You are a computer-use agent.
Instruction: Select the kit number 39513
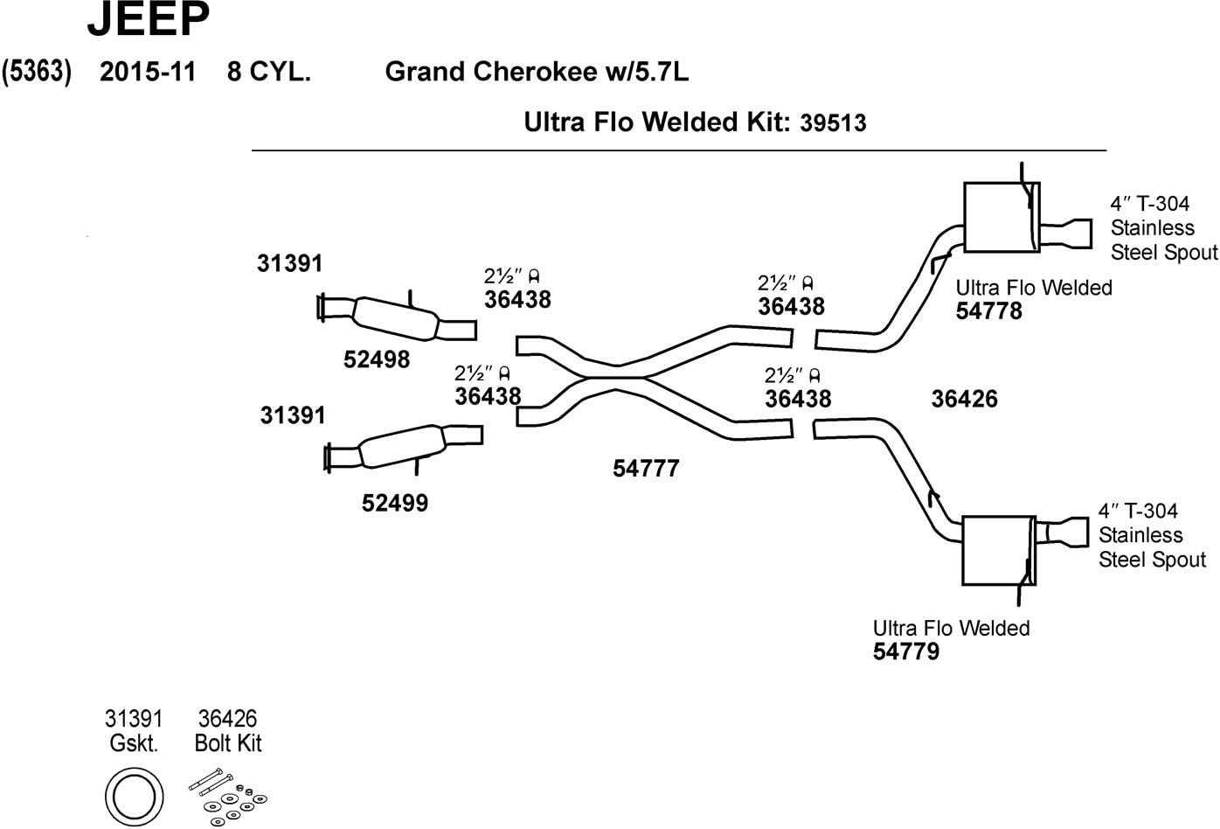pyautogui.click(x=833, y=123)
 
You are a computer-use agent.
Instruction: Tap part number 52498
pyautogui.click(x=376, y=359)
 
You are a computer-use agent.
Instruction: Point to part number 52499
pyautogui.click(x=395, y=504)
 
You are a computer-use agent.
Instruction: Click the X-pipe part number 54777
pyautogui.click(x=646, y=469)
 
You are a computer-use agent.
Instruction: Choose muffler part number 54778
pyautogui.click(x=988, y=311)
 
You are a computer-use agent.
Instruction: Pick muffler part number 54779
pyautogui.click(x=906, y=651)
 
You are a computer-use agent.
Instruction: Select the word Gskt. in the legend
pyautogui.click(x=134, y=744)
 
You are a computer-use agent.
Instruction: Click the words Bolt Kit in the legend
pyautogui.click(x=228, y=744)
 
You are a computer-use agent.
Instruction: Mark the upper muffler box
pyautogui.click(x=1001, y=218)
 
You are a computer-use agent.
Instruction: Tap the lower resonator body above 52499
pyautogui.click(x=400, y=445)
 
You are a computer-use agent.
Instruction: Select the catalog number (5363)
pyautogui.click(x=36, y=72)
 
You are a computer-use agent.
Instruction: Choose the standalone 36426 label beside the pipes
pyautogui.click(x=964, y=400)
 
